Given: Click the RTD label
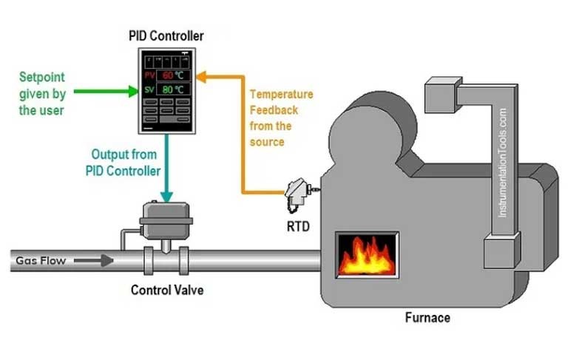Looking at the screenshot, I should tap(297, 226).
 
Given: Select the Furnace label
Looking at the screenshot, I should tap(427, 318).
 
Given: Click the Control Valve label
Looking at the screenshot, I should tap(167, 290).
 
